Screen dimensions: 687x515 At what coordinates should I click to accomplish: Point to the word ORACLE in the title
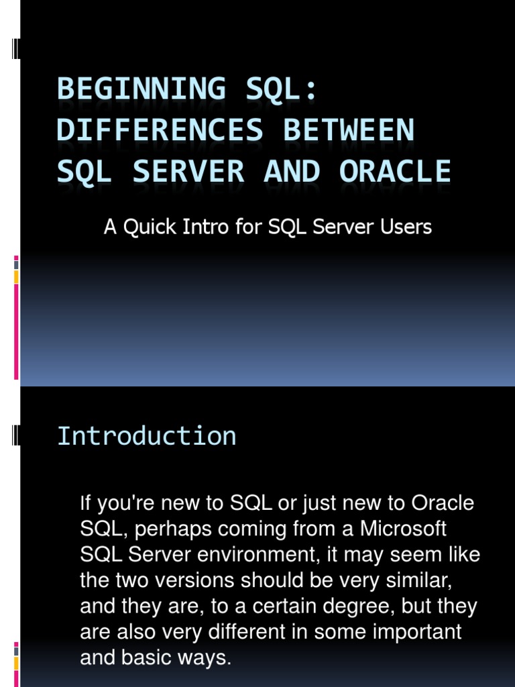tap(395, 172)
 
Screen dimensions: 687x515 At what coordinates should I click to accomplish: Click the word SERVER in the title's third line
tap(188, 172)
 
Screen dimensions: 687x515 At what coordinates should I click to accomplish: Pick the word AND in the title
tap(292, 172)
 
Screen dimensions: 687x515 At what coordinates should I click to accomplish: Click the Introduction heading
tap(147, 436)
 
